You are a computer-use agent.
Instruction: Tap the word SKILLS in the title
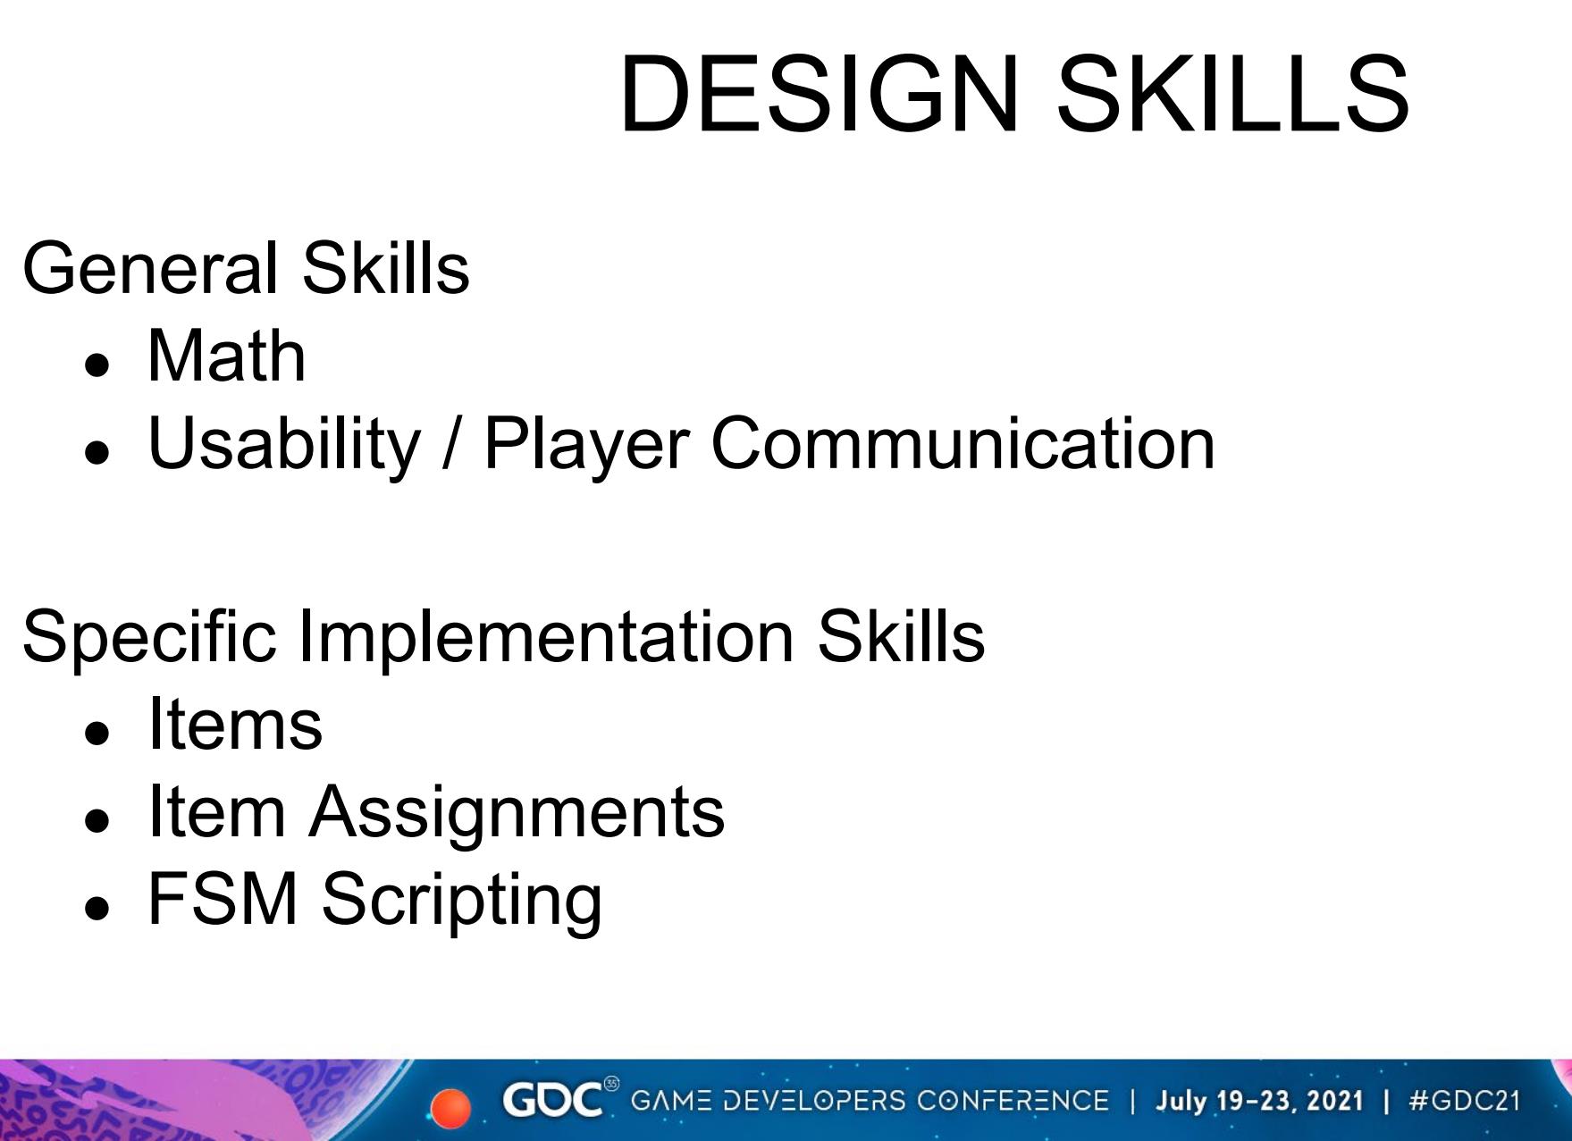click(x=1233, y=94)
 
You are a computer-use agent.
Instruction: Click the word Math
click(x=227, y=356)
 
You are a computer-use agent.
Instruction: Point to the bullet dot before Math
click(x=97, y=366)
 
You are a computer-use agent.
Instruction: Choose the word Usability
click(x=283, y=444)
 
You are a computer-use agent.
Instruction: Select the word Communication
click(x=963, y=442)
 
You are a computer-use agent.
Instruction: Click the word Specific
click(x=149, y=637)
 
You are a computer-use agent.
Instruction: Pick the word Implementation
click(x=545, y=637)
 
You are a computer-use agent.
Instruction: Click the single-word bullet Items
click(x=235, y=724)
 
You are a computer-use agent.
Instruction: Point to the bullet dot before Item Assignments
click(x=97, y=823)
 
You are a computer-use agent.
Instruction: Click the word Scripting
click(x=461, y=901)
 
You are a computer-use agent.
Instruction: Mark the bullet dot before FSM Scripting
click(x=97, y=910)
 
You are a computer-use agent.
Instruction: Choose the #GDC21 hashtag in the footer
click(x=1463, y=1100)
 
